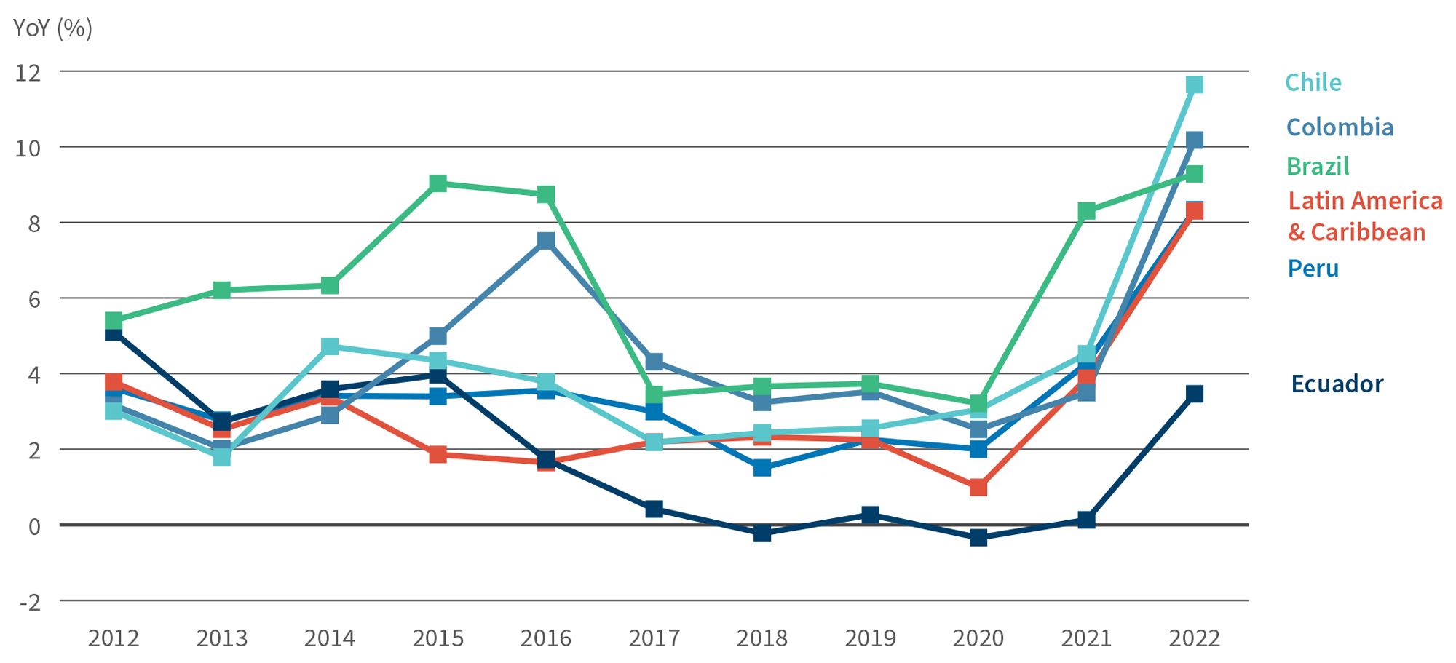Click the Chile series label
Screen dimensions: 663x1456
[1313, 82]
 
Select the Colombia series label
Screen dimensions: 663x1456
[1340, 127]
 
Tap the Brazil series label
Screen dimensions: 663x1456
[1317, 167]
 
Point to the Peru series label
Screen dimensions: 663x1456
[1313, 269]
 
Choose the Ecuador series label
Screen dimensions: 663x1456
[1337, 384]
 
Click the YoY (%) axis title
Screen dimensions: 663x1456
[52, 28]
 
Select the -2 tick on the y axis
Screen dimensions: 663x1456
[29, 602]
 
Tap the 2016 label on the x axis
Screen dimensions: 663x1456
[545, 638]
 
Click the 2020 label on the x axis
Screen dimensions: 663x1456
[978, 638]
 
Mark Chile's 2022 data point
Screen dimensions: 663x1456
[1194, 85]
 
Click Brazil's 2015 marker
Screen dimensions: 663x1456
[438, 183]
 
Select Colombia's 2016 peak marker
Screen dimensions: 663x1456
[545, 240]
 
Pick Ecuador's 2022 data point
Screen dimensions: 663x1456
[1194, 394]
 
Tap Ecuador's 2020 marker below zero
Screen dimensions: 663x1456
[978, 538]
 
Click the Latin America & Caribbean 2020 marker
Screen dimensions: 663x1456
[978, 487]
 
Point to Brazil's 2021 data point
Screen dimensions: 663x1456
[1086, 211]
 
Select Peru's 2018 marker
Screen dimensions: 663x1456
[761, 467]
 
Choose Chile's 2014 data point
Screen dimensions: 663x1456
[329, 346]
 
